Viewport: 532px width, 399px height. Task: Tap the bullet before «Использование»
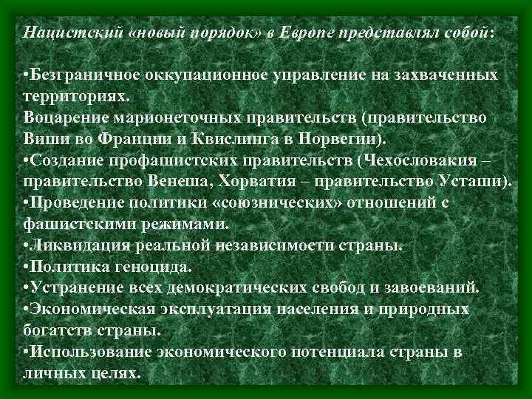tap(27, 352)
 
